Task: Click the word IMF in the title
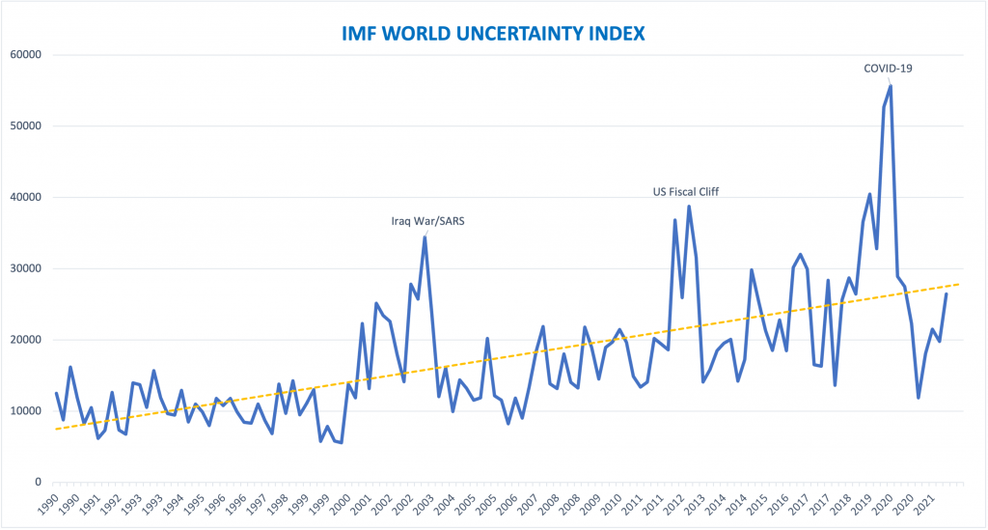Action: [364, 34]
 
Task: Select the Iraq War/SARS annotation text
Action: [425, 220]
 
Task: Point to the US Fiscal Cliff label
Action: [687, 191]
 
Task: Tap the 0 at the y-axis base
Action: [39, 483]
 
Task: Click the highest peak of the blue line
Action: [890, 86]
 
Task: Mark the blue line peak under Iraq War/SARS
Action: [425, 237]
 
